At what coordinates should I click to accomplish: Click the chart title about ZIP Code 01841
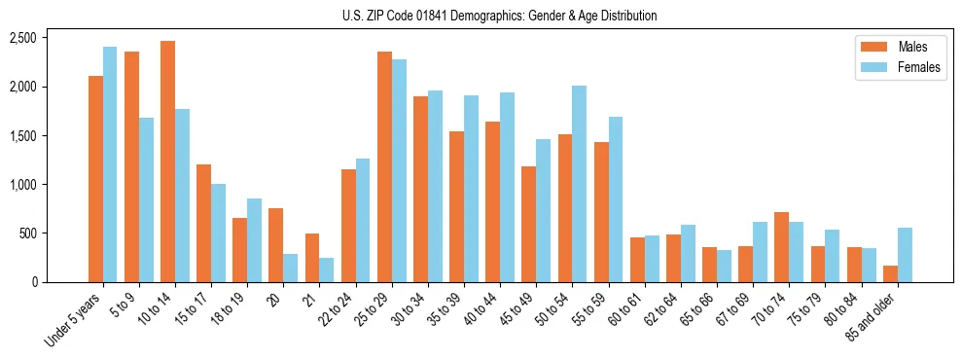[x=499, y=16]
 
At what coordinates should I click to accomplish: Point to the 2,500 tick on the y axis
[x=21, y=38]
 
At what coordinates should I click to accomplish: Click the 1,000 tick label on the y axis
[x=21, y=185]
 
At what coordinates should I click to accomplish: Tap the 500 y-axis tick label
[x=26, y=234]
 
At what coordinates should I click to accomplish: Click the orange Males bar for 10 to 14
[x=167, y=162]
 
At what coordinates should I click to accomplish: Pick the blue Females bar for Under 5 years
[x=110, y=164]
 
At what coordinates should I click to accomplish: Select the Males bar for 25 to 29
[x=384, y=166]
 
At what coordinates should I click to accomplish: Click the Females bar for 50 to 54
[x=579, y=184]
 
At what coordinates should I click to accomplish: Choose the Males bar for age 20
[x=276, y=245]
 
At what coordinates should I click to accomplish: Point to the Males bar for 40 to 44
[x=492, y=201]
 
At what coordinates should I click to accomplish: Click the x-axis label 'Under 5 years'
[x=73, y=321]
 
